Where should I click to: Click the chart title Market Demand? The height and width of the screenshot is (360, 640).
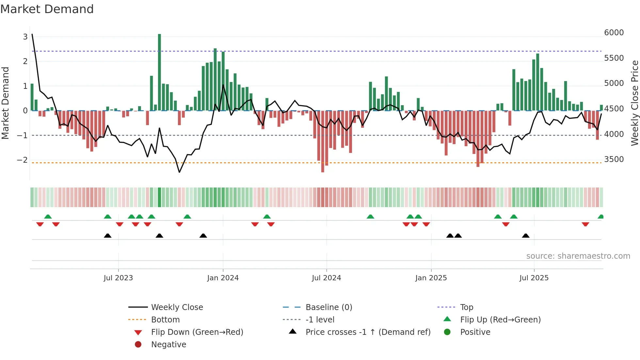[47, 9]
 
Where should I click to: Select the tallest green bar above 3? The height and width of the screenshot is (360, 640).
[159, 72]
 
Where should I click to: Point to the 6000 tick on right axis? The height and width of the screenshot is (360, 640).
[614, 33]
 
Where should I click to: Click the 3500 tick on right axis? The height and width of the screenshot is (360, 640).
[614, 159]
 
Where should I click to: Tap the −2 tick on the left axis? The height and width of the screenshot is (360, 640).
[22, 160]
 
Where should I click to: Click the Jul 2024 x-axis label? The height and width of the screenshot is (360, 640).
[326, 278]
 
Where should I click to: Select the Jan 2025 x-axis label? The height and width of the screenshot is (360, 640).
[431, 278]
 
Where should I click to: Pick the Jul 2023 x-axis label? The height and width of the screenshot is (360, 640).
[118, 278]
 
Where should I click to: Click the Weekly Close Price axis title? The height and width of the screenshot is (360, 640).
[634, 103]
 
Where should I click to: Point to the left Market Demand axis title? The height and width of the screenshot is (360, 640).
[5, 103]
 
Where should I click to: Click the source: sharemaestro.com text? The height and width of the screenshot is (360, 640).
[578, 256]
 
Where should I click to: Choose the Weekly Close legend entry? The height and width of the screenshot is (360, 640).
[177, 307]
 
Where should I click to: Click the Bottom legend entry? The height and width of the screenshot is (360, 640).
[165, 320]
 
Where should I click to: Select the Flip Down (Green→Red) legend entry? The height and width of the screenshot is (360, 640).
[197, 332]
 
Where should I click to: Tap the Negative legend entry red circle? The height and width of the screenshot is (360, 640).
[138, 345]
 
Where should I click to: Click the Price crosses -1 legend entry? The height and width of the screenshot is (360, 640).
[368, 332]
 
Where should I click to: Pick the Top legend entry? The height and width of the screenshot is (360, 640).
[466, 307]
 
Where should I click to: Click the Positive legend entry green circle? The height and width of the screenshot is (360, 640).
[447, 332]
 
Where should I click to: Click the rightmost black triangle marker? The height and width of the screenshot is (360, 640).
[525, 236]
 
